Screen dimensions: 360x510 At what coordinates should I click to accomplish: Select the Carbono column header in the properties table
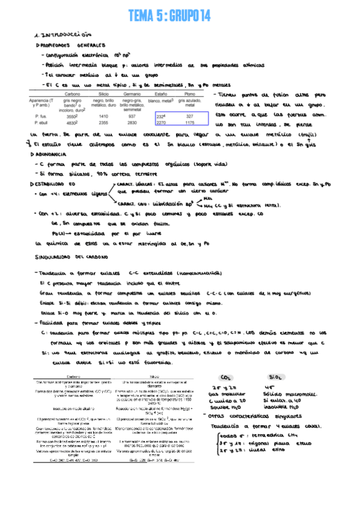(73, 94)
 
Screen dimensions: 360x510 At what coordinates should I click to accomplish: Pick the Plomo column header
(190, 94)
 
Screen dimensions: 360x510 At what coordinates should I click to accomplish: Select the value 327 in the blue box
(190, 116)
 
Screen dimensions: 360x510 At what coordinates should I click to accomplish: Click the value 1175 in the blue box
(190, 122)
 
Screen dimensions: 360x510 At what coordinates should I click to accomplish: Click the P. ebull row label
(42, 122)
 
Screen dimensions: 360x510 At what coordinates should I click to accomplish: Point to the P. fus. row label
(41, 116)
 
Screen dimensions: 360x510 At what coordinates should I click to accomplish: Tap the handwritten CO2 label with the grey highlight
(227, 376)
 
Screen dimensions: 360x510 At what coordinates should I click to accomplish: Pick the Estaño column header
(161, 94)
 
